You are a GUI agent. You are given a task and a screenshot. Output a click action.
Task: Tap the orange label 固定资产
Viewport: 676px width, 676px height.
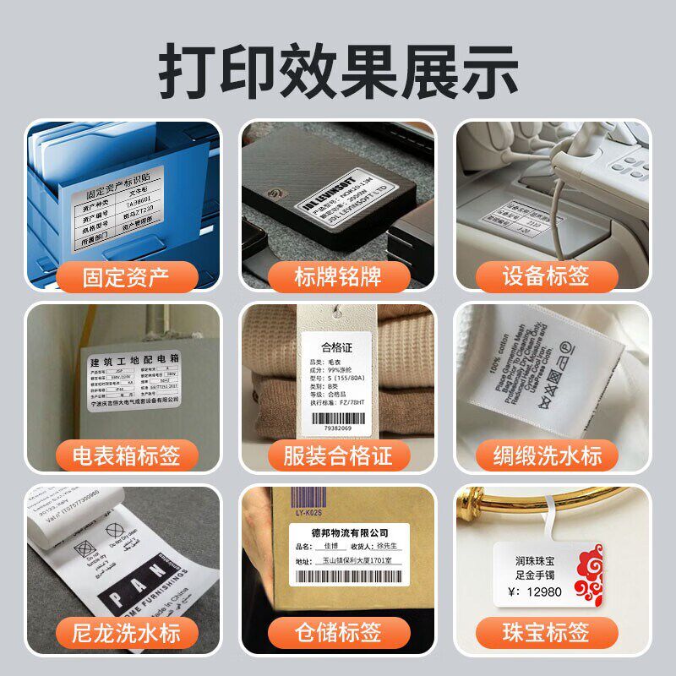coord(125,276)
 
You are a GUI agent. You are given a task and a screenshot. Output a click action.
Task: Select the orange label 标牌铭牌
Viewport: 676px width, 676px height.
coord(338,276)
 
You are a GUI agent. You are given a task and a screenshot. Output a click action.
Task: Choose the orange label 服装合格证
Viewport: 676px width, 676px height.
coord(338,457)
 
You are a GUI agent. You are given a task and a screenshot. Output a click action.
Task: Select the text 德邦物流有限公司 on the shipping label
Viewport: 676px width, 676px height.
coord(337,533)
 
